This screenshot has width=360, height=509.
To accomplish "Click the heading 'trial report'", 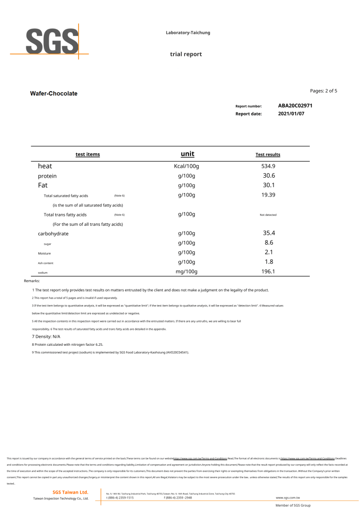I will [186, 54].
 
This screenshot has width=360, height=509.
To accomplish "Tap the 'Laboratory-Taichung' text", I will [188, 33].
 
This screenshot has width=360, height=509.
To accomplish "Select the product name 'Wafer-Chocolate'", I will [54, 94].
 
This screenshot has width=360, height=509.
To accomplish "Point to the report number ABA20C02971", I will [295, 105].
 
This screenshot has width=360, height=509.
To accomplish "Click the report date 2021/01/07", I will [291, 113].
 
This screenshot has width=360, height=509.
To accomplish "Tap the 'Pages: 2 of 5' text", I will [324, 91].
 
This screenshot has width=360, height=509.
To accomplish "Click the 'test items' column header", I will [88, 154].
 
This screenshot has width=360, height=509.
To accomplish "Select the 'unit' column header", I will [187, 154].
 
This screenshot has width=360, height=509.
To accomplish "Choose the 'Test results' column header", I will [268, 155].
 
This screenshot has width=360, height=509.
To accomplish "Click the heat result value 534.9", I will [269, 166].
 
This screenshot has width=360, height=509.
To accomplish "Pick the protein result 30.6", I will [269, 176].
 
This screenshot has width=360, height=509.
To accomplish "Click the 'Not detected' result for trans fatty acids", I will [268, 215].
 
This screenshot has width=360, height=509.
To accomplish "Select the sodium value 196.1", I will [269, 272].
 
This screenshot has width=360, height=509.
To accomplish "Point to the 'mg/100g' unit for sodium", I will [186, 272].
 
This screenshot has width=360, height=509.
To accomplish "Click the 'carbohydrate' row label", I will [53, 233].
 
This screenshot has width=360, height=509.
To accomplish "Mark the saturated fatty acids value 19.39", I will [269, 195].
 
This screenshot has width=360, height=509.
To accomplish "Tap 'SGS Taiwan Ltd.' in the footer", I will [71, 492].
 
